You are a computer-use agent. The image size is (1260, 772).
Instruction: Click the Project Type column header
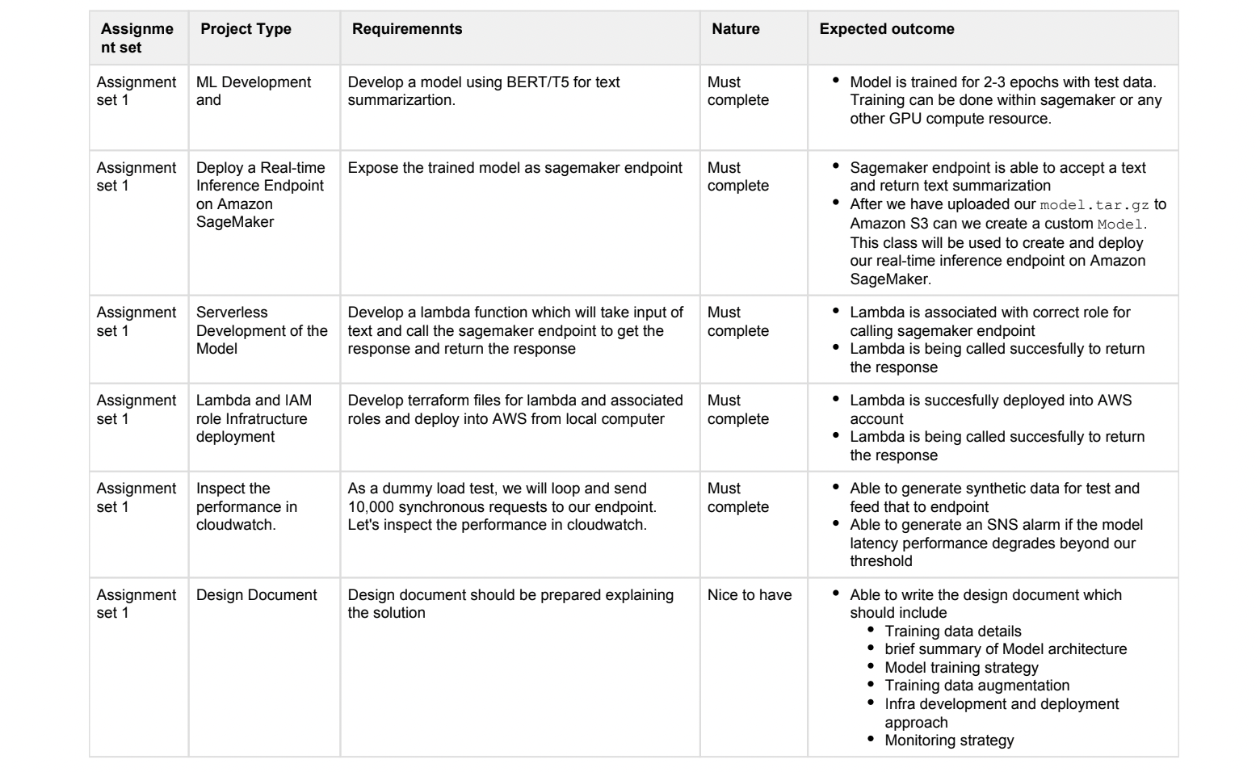[x=246, y=29]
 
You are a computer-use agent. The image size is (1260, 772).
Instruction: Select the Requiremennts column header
[x=407, y=29]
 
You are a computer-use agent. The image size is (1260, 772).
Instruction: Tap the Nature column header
[x=735, y=29]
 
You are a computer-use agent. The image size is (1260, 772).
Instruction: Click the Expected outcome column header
[x=886, y=29]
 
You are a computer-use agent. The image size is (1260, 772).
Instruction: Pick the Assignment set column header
[x=136, y=38]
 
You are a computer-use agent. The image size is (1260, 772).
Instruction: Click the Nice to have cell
[x=749, y=595]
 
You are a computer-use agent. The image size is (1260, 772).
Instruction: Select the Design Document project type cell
[x=256, y=595]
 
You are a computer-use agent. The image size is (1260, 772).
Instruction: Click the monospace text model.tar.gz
[x=1094, y=205]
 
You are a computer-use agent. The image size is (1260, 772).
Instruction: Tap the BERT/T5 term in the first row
[x=537, y=82]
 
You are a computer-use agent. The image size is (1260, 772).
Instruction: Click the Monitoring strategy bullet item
[x=948, y=741]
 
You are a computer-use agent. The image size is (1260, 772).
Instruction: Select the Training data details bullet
[x=952, y=631]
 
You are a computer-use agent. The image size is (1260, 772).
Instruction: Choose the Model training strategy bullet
[x=961, y=668]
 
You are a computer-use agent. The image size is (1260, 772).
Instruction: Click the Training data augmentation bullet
[x=976, y=686]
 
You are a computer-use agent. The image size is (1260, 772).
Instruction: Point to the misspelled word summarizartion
[x=401, y=101]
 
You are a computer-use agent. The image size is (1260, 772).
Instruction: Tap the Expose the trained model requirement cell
[x=514, y=168]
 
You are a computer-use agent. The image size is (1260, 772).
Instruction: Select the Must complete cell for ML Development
[x=737, y=91]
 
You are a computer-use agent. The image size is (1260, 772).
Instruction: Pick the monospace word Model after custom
[x=1119, y=224]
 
